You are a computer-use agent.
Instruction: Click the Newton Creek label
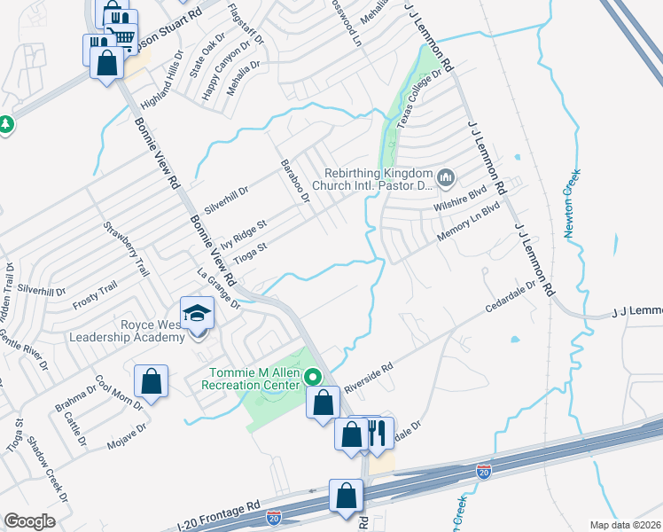pos(573,202)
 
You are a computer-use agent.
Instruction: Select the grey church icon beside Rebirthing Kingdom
pos(446,178)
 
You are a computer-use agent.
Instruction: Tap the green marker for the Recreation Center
pos(313,377)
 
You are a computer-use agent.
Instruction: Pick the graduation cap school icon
pos(197,312)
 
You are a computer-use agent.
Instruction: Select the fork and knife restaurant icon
pos(379,434)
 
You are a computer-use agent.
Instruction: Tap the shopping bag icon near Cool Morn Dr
pos(151,381)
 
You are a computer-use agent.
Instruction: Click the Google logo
pos(29,521)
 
